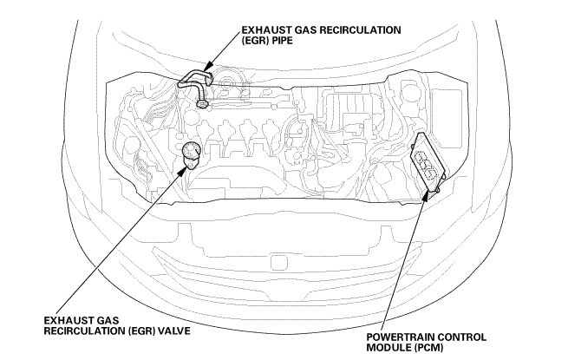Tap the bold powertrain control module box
(426, 161)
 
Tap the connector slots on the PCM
(423, 160)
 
